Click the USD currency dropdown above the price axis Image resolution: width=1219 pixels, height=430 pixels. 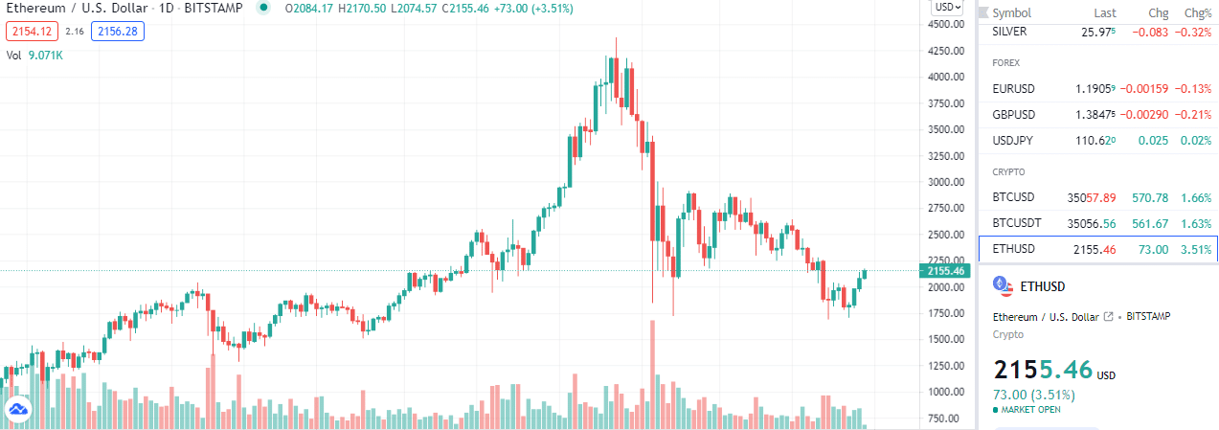[x=948, y=7]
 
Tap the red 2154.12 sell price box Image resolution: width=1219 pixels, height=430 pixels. [x=25, y=32]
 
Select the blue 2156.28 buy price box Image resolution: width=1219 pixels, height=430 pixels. [x=118, y=32]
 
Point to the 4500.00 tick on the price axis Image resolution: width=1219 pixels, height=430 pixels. [x=947, y=24]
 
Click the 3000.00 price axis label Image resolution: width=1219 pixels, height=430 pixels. [x=947, y=182]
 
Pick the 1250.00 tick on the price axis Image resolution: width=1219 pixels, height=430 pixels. [x=947, y=366]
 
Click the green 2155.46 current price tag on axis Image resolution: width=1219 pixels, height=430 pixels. [x=947, y=271]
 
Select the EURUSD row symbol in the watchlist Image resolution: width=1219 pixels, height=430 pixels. [x=1014, y=88]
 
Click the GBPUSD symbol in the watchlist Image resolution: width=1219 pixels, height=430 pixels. [x=1015, y=115]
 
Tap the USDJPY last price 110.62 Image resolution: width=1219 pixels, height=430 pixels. [x=1095, y=141]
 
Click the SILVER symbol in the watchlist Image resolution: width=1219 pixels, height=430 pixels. [x=1010, y=32]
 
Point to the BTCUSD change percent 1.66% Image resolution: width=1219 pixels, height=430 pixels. [x=1196, y=198]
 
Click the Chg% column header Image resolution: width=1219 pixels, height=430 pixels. [x=1198, y=13]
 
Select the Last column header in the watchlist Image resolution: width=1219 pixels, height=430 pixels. [x=1105, y=13]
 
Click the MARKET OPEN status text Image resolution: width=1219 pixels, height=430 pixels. [x=1030, y=410]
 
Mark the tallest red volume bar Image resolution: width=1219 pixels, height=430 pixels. [x=652, y=373]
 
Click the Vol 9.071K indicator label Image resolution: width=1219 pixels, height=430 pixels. [x=35, y=56]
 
